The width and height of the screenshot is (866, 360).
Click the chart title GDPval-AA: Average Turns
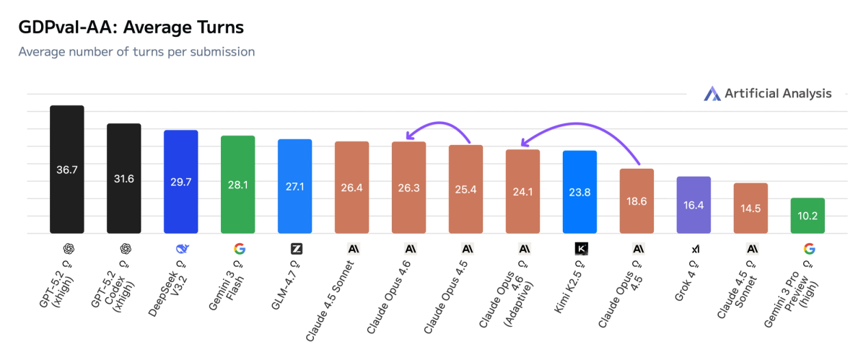pos(131,28)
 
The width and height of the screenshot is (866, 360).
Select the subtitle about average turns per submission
pos(136,52)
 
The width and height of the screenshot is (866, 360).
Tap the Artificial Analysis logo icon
pos(712,94)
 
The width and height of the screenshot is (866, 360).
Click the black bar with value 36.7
pos(66,170)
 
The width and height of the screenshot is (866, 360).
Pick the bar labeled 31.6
pos(124,178)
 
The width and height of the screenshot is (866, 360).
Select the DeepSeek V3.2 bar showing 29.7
pos(181,182)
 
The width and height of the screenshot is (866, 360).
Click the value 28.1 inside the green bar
pos(238,185)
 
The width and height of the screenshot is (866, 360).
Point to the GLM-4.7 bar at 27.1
pos(295,186)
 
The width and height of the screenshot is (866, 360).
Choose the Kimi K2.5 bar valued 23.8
pos(579,192)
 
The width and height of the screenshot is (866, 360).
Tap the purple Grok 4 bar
pos(694,205)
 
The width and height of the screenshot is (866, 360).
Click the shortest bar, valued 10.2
pos(808,216)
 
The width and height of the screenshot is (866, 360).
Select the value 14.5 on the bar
pos(751,208)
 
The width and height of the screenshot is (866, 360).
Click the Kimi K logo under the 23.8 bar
pos(580,249)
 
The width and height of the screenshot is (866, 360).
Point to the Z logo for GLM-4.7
pos(295,249)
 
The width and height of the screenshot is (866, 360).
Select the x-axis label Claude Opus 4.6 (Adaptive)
pos(508,292)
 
